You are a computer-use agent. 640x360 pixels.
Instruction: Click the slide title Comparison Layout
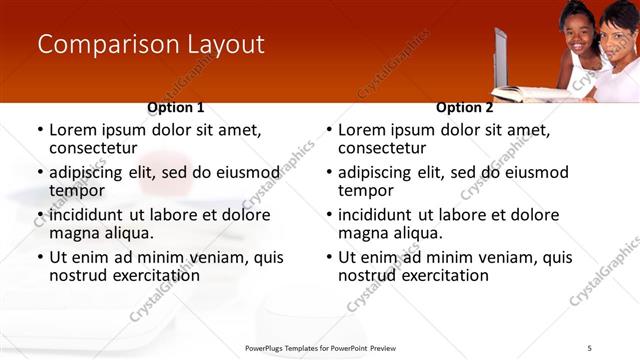point(151,45)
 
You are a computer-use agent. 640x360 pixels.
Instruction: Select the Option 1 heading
point(176,107)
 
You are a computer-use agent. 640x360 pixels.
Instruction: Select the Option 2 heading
point(465,107)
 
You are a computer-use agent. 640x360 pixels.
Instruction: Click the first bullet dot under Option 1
point(40,131)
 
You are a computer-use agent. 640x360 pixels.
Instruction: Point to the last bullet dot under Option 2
point(329,257)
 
